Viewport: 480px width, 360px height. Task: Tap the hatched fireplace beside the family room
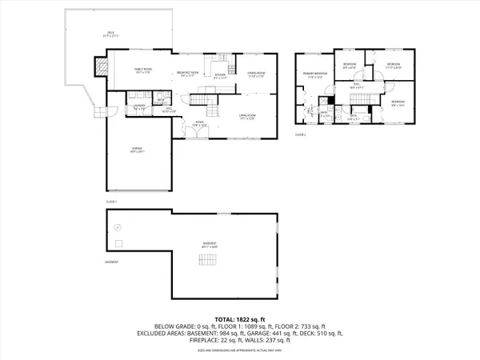(x=101, y=67)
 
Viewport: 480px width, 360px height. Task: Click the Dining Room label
(x=256, y=76)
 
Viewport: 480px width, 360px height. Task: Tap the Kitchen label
(x=220, y=77)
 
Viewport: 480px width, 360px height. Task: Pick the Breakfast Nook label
(x=187, y=74)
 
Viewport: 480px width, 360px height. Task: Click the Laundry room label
(x=138, y=106)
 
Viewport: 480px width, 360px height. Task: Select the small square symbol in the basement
(x=119, y=243)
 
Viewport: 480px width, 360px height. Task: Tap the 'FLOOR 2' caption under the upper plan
(x=301, y=134)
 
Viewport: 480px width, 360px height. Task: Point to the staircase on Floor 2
(x=358, y=98)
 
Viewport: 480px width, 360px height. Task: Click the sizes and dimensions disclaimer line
(x=239, y=350)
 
